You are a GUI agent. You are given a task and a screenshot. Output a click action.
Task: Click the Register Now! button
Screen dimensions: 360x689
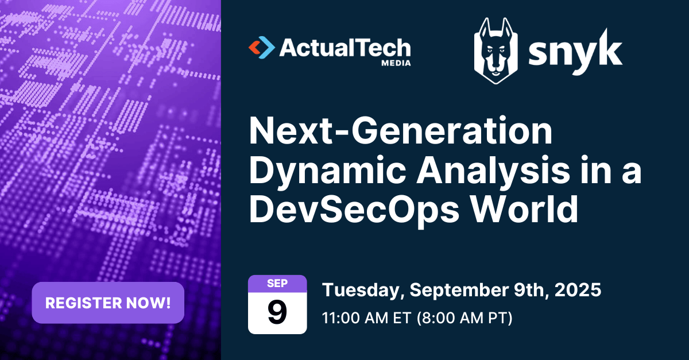click(x=108, y=303)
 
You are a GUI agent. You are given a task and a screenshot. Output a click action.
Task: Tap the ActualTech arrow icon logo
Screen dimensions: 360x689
click(x=261, y=48)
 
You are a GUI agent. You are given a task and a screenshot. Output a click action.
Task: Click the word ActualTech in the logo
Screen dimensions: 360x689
click(x=345, y=48)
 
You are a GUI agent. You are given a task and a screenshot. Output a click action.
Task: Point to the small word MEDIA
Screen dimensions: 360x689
click(x=396, y=63)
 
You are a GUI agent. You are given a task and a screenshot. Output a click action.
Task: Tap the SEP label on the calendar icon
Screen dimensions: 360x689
click(x=277, y=282)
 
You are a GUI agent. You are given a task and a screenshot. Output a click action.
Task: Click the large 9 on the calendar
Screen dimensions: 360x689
click(x=277, y=312)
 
